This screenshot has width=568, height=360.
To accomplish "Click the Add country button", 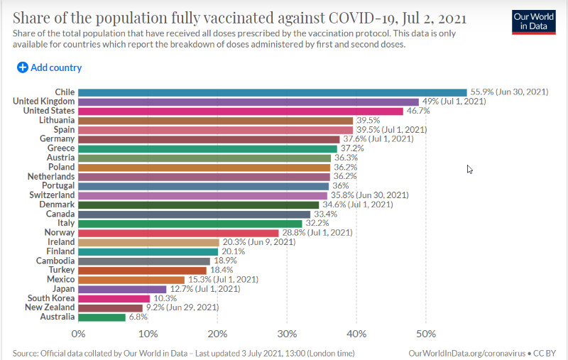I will coord(50,67).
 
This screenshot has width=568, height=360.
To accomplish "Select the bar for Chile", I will coord(272,92).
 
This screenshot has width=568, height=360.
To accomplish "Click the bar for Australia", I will coord(102,317).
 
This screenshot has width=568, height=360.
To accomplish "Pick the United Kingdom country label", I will coord(44,102).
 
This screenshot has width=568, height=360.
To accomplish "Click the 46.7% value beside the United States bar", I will coord(417,111).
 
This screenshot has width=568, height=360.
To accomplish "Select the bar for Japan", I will coord(122,289).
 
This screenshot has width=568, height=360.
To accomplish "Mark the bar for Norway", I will coord(178,233).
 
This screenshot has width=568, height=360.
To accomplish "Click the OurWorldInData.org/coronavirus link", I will coord(467,353).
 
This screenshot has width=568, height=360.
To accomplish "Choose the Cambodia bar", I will coord(144,261).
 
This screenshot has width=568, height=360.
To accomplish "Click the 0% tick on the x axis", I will coord(78,334).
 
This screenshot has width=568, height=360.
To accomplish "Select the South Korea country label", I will coord(48,298).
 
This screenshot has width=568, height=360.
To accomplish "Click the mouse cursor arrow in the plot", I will coord(469,169).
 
